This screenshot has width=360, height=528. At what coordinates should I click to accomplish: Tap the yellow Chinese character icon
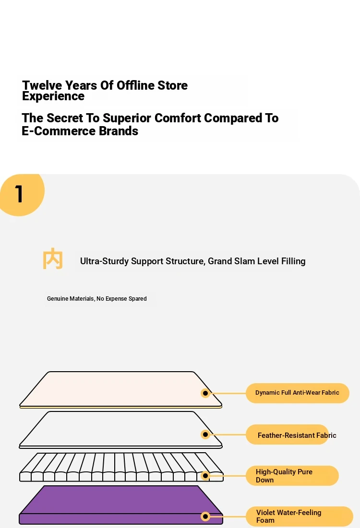[53, 258]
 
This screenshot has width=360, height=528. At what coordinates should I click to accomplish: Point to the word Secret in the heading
[64, 118]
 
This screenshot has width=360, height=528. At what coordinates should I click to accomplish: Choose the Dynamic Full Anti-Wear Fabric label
[297, 393]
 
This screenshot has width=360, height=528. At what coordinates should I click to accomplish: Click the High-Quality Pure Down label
[292, 475]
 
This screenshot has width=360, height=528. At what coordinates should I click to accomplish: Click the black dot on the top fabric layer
[205, 393]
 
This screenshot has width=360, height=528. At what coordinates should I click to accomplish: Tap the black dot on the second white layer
[205, 434]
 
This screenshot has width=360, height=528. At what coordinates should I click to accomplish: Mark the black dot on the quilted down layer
[205, 475]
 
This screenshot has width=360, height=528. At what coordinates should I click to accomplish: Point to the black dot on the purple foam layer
[205, 516]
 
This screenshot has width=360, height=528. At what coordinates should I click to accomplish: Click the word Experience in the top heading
[53, 96]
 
